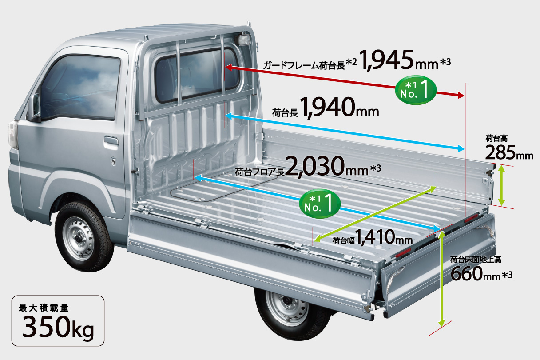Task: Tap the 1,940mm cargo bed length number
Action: [x=340, y=107]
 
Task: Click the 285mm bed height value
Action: [x=509, y=153]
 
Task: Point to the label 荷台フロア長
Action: [x=259, y=172]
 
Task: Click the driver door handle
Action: [x=111, y=141]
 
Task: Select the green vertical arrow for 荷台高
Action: [x=502, y=185]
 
